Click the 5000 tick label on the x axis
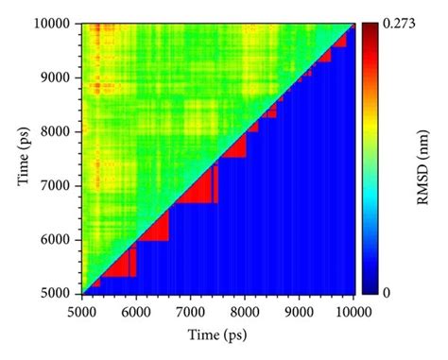tap(82, 307)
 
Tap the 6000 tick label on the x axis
tap(136, 307)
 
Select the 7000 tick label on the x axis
tap(191, 307)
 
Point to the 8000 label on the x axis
tap(246, 307)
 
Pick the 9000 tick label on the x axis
tap(300, 307)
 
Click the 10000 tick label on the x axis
tap(353, 307)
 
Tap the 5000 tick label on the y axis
tap(60, 295)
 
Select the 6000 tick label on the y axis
tap(60, 240)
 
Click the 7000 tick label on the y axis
tap(60, 186)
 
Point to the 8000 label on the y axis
tap(60, 131)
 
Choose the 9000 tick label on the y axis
tap(60, 77)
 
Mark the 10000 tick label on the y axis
tap(57, 24)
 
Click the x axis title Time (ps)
tap(218, 332)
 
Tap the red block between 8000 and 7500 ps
tap(235, 147)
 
